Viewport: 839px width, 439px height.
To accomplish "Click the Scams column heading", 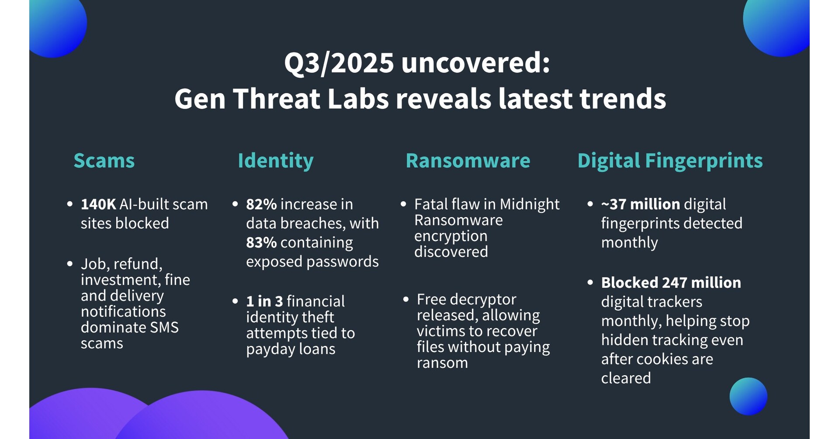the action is (104, 160).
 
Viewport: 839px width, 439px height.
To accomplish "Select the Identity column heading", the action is (276, 161).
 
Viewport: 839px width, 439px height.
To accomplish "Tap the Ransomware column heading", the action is (468, 160).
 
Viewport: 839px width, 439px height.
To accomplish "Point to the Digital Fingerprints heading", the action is (670, 161).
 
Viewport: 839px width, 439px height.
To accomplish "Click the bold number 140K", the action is (98, 204).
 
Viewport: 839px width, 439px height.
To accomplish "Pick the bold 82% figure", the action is (261, 204).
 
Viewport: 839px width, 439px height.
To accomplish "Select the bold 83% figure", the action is (261, 242).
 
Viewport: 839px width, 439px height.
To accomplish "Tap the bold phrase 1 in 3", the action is (264, 301).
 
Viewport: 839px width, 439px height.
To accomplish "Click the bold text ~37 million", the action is (641, 204).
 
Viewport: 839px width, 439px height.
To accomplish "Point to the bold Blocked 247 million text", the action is (671, 283).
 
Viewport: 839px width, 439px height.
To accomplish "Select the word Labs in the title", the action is (358, 98).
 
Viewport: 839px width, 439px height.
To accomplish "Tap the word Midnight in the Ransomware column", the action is (530, 204).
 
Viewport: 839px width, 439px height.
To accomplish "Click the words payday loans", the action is (291, 349).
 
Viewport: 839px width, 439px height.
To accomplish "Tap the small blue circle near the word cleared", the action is (748, 396).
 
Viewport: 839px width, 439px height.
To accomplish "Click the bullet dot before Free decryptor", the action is (406, 299).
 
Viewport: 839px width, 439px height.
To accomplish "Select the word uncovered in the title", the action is (475, 63).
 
